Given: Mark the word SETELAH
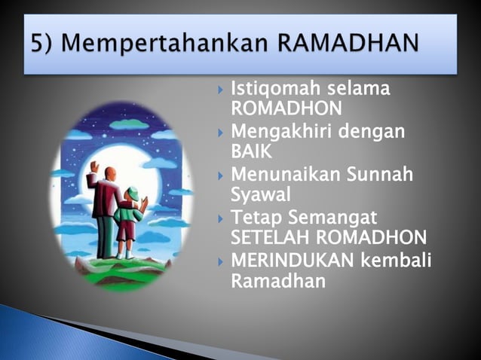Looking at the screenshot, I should (274, 239).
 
